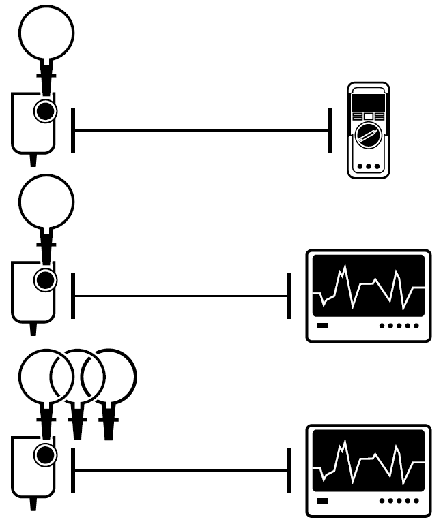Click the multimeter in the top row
click(x=368, y=130)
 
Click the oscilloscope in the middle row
click(x=368, y=295)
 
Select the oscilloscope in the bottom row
click(x=368, y=470)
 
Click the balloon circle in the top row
click(x=46, y=31)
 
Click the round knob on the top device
click(x=46, y=110)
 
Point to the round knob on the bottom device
click(x=46, y=454)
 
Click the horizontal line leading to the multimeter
click(x=201, y=129)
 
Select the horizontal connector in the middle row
click(x=181, y=296)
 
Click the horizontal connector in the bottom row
click(x=181, y=470)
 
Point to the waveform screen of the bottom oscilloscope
click(x=368, y=460)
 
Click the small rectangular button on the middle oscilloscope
click(x=323, y=326)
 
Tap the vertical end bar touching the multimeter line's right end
click(x=330, y=129)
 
